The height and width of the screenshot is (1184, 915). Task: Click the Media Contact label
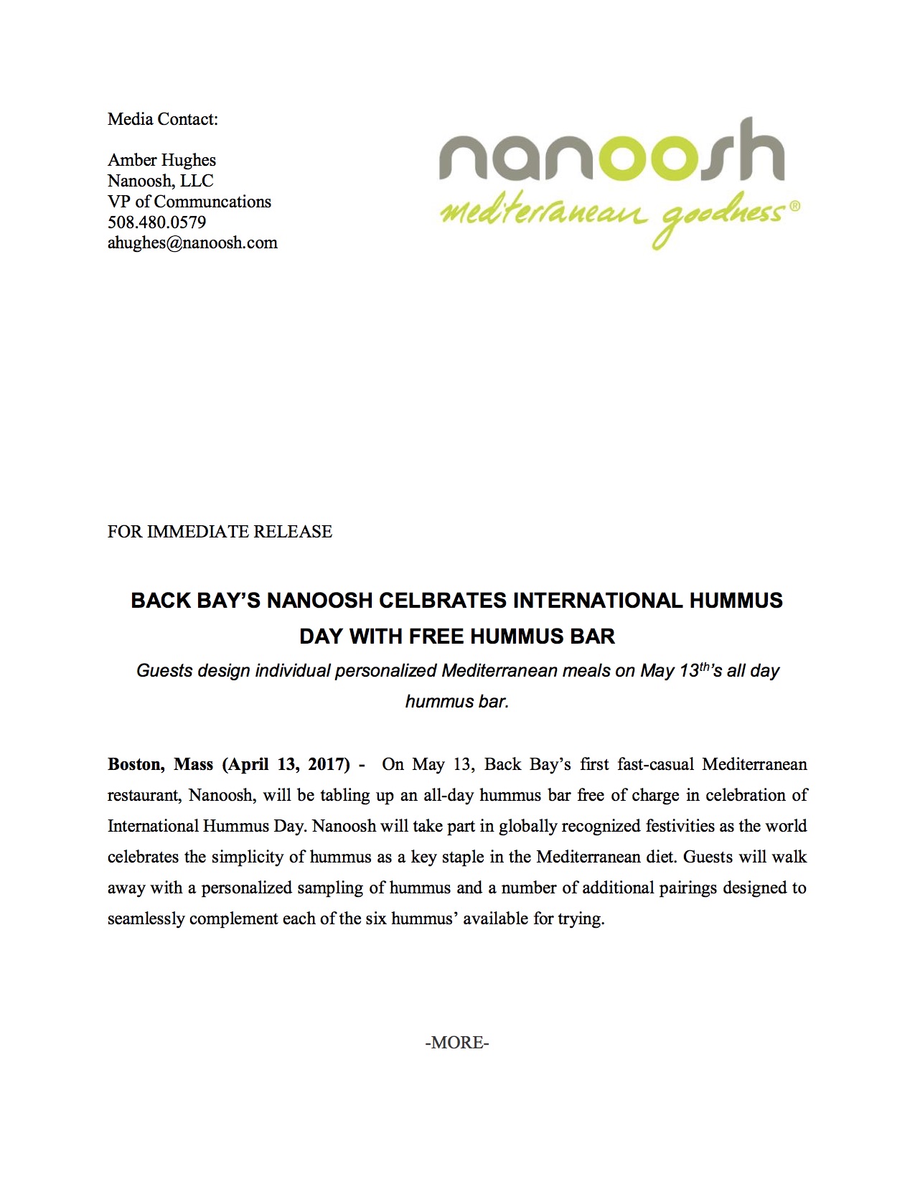162,119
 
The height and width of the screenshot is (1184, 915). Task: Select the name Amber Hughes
161,160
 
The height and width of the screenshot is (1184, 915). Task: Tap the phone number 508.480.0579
156,222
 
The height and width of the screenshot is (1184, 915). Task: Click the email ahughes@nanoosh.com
192,243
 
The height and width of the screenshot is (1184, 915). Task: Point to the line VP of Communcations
189,202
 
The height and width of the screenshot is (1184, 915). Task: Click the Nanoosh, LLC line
161,181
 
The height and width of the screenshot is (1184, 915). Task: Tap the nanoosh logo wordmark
611,152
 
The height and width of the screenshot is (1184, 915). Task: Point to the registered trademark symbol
794,206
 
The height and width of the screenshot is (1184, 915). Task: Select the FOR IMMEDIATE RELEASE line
220,532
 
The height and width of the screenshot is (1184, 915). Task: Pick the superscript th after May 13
706,667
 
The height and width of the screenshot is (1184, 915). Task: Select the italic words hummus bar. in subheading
457,702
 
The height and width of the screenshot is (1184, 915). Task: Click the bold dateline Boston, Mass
160,764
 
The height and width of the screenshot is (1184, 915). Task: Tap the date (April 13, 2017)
286,764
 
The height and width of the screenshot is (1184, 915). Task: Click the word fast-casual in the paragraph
655,764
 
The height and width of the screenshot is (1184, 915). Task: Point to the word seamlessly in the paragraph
146,918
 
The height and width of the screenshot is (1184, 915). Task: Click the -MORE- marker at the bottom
457,1043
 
